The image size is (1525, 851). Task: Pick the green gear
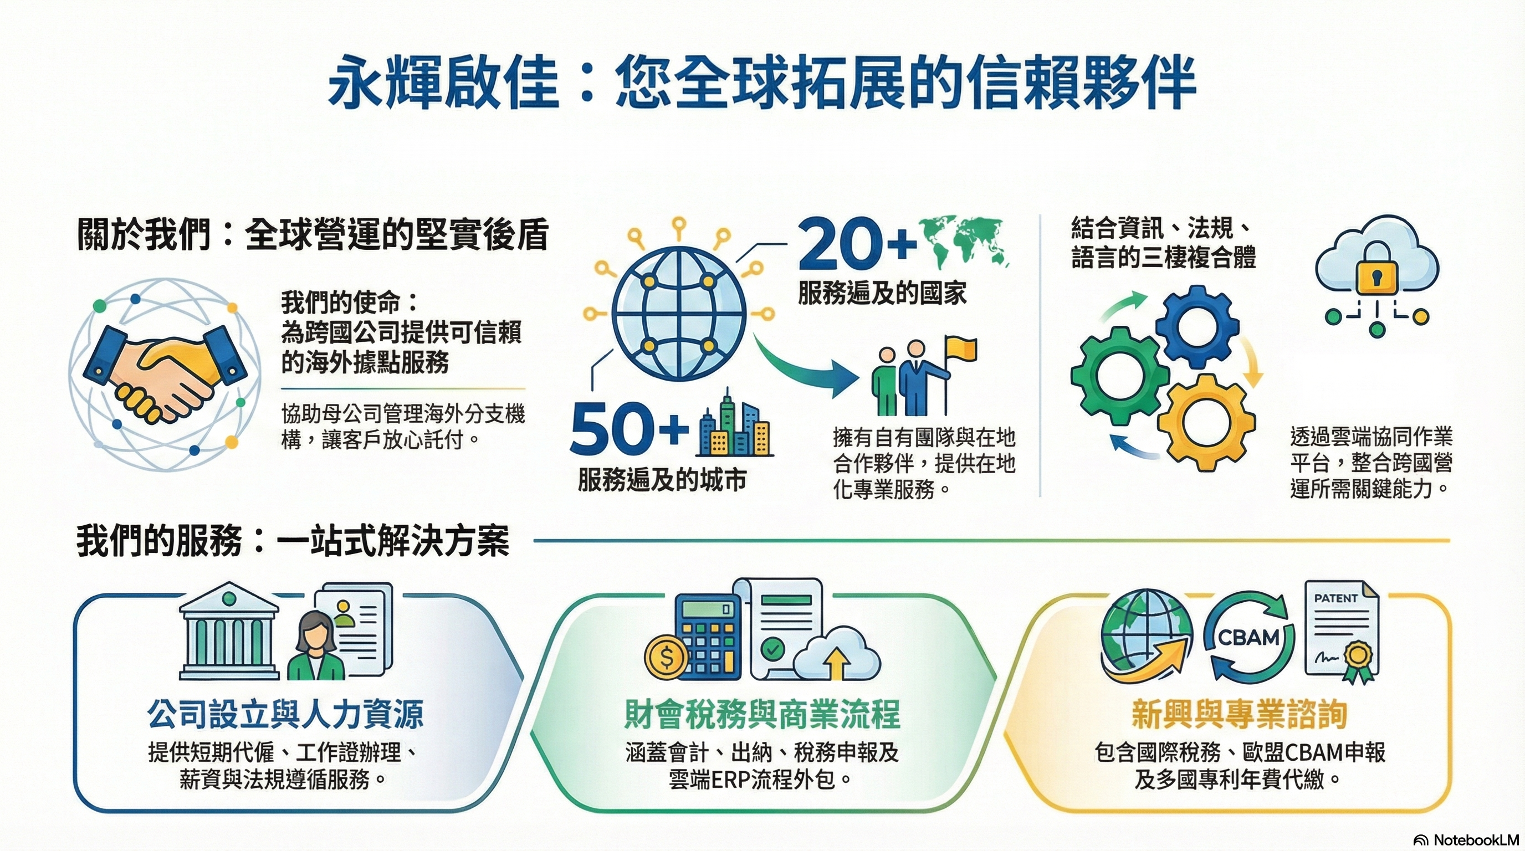1119,376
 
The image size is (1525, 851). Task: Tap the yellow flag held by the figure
961,348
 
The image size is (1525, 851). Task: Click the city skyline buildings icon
734,424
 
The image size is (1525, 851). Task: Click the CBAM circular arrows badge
1249,638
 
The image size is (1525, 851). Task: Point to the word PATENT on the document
1335,598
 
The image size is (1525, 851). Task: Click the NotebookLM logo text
1466,840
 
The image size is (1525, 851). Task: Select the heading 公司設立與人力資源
285,714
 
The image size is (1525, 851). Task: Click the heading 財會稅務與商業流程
762,714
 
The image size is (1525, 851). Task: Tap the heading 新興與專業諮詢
1240,714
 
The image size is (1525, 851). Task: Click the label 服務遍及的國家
882,293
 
